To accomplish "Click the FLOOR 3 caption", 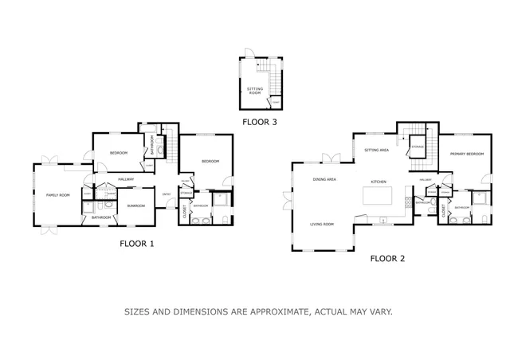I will (261, 122).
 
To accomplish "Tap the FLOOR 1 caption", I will (136, 244).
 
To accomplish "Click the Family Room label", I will (57, 195).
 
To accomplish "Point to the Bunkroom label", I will (135, 205).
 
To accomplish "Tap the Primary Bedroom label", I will (465, 153).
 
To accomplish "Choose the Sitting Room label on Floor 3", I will (255, 91).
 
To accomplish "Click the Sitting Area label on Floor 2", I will (376, 150).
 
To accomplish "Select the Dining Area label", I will (324, 179).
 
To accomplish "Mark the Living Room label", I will (322, 225).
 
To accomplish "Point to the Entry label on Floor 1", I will (167, 194).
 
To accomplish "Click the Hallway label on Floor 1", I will (126, 180).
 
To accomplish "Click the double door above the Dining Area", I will (326, 158).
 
